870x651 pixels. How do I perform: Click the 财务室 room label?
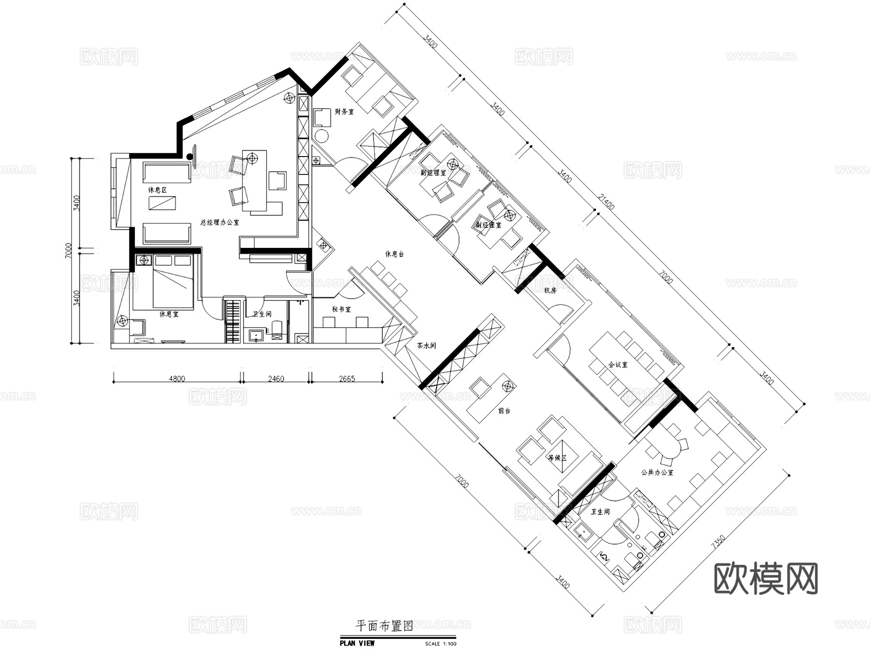344,112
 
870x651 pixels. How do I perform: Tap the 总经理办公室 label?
219,223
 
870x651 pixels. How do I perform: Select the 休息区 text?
158,190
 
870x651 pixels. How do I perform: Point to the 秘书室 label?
341,309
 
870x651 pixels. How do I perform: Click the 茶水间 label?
427,346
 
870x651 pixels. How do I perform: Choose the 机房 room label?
550,290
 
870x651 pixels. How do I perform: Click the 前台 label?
504,411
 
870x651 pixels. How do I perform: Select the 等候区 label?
557,457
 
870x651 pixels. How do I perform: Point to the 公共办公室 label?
657,472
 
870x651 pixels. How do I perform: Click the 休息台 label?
394,254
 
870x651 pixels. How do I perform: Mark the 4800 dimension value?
176,379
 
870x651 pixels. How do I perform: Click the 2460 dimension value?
275,379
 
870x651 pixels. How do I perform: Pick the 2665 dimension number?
347,379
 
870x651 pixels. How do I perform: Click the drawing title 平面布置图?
384,627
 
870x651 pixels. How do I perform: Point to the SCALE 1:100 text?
441,644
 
